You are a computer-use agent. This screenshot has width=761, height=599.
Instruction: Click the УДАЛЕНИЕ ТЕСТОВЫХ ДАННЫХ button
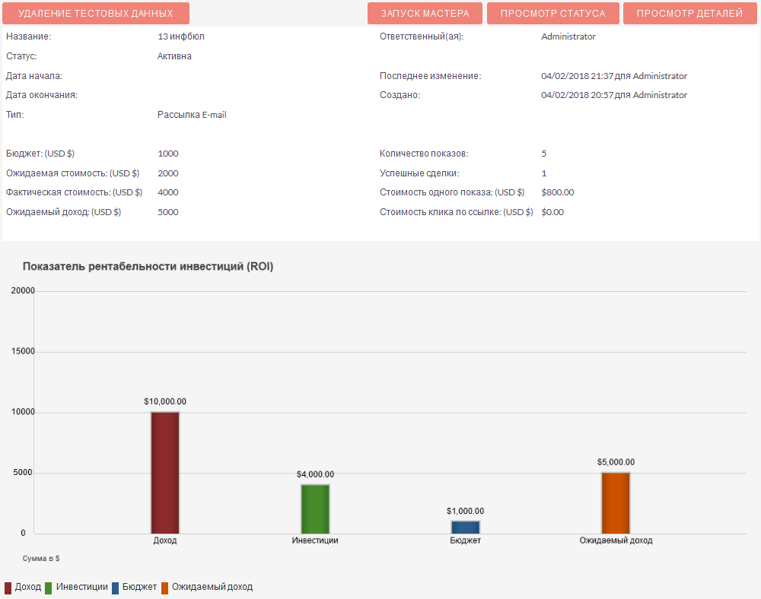(96, 14)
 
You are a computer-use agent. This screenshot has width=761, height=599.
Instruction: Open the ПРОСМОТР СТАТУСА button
(552, 14)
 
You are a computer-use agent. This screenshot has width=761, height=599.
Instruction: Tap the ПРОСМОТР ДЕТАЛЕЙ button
(689, 14)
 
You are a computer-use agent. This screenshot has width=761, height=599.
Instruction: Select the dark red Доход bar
(165, 472)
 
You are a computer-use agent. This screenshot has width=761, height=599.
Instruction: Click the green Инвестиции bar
(315, 509)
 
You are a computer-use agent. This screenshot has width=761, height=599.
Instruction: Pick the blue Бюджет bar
(465, 527)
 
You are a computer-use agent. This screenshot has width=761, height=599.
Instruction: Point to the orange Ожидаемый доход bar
(616, 502)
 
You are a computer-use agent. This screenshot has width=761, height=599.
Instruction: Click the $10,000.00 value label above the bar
(165, 401)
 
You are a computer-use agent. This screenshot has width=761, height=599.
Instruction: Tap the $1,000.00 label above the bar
(465, 511)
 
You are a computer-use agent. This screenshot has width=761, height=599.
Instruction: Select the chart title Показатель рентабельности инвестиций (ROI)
(148, 267)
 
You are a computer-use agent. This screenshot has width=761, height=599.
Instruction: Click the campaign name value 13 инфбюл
(181, 36)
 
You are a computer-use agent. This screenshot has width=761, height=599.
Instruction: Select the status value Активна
(174, 56)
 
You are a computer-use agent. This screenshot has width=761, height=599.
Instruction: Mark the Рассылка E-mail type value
(192, 115)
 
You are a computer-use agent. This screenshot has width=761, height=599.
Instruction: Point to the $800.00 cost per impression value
(558, 192)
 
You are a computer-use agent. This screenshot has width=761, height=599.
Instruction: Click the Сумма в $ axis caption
(41, 558)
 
